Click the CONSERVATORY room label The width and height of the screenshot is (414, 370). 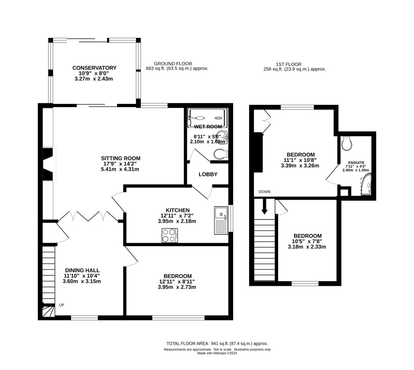[x=94, y=68]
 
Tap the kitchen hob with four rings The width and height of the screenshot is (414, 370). [x=170, y=235]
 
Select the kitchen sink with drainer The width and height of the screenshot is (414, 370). [x=221, y=220]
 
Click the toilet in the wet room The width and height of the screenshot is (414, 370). [x=221, y=154]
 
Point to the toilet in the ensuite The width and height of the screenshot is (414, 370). [x=346, y=144]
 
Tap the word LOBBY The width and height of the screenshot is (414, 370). [x=208, y=174]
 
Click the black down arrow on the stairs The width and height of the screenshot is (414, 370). [x=264, y=207]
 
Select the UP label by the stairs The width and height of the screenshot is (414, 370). [x=62, y=305]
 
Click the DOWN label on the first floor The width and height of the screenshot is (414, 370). [x=264, y=192]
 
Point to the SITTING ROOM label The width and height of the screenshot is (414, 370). [x=121, y=158]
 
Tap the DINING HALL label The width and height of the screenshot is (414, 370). [x=82, y=270]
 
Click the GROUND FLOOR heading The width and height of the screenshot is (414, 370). [x=173, y=64]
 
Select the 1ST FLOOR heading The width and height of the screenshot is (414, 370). [x=289, y=64]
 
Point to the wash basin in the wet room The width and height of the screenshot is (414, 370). [x=222, y=137]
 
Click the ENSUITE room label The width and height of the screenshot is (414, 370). [x=356, y=162]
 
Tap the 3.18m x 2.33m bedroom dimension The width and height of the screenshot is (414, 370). [x=307, y=247]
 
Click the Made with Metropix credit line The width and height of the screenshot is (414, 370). [x=217, y=353]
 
